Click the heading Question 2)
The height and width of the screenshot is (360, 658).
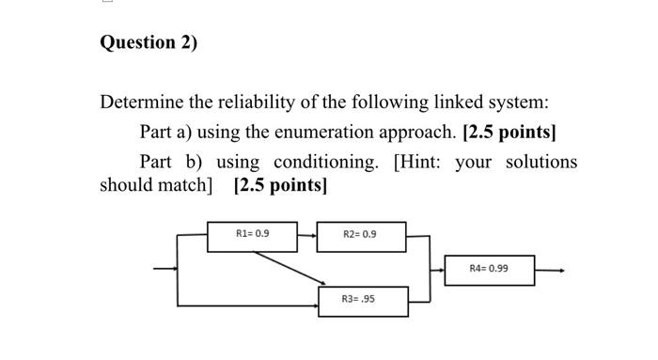click(149, 43)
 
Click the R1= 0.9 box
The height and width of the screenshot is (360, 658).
click(252, 233)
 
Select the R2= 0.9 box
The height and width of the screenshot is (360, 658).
click(360, 235)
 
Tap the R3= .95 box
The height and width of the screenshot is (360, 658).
click(360, 299)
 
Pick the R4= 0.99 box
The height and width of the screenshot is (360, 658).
click(489, 269)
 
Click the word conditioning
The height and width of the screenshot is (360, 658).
click(324, 162)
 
